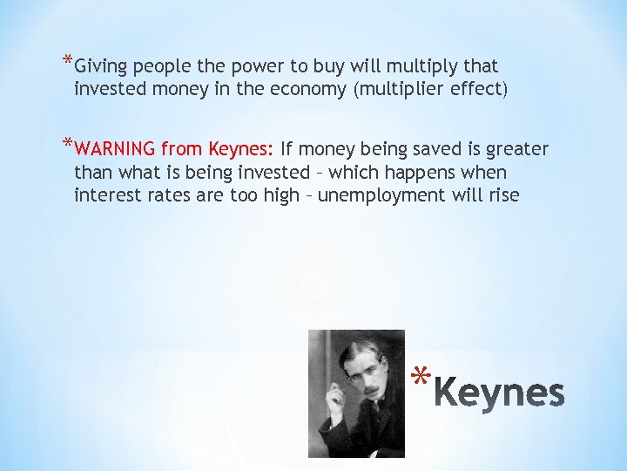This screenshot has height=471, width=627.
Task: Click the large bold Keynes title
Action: pos(499,393)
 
